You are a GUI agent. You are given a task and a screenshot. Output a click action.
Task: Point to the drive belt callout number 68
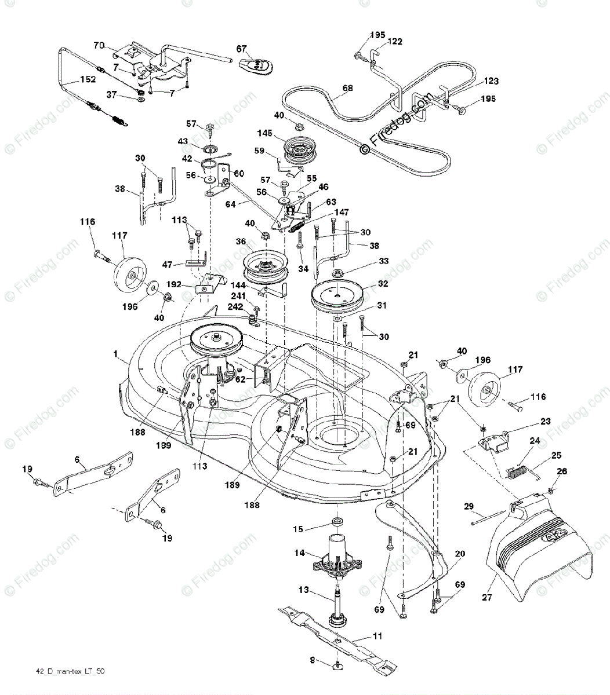pyautogui.click(x=347, y=89)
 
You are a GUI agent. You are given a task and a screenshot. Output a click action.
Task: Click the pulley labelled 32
pyautogui.click(x=337, y=297)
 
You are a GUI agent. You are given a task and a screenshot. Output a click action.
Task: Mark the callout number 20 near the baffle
pyautogui.click(x=459, y=554)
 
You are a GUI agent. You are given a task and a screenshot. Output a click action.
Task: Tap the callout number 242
pyautogui.click(x=237, y=306)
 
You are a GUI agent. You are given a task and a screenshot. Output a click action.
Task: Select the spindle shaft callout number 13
pyautogui.click(x=304, y=591)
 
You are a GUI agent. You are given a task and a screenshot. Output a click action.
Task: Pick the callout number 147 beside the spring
pyautogui.click(x=342, y=213)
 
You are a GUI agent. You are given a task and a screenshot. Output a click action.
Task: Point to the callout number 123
pyautogui.click(x=491, y=82)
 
